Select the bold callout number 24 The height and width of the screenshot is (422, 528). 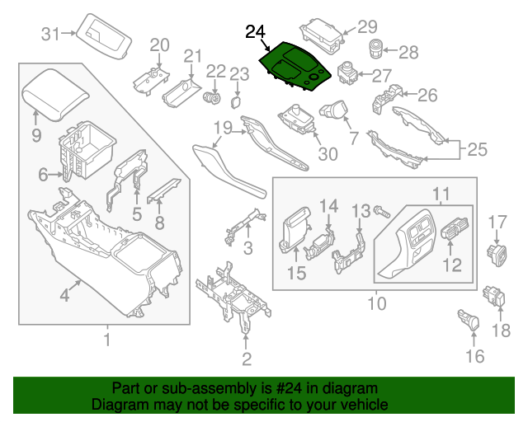tap(256, 32)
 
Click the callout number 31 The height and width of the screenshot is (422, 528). tap(52, 34)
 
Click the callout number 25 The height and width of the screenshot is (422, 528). tap(478, 150)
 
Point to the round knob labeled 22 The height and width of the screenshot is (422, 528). tap(213, 96)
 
